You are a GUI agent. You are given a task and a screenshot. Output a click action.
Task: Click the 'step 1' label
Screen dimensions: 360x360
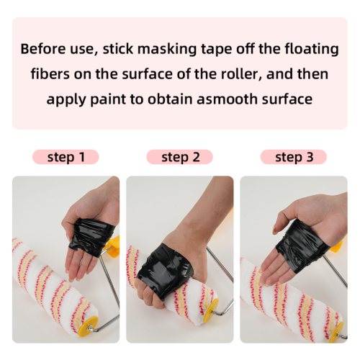[x=66, y=157]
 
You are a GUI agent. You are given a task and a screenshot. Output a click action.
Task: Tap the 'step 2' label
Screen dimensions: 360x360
[x=181, y=157]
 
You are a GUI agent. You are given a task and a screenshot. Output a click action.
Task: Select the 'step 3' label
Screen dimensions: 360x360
[x=294, y=157]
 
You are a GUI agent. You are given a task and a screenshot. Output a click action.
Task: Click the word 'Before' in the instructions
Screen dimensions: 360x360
[x=43, y=49]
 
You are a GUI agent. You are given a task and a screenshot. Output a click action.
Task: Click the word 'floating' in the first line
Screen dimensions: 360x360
[x=312, y=50]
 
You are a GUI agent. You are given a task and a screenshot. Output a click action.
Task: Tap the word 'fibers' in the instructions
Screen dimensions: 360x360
[x=50, y=74]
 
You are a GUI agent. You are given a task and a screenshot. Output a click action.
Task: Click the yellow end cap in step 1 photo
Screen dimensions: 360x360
[x=89, y=326]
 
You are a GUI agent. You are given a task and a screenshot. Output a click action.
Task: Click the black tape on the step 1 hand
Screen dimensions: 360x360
[x=90, y=236]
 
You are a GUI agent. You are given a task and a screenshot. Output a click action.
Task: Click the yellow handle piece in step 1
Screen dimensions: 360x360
[x=112, y=246]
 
